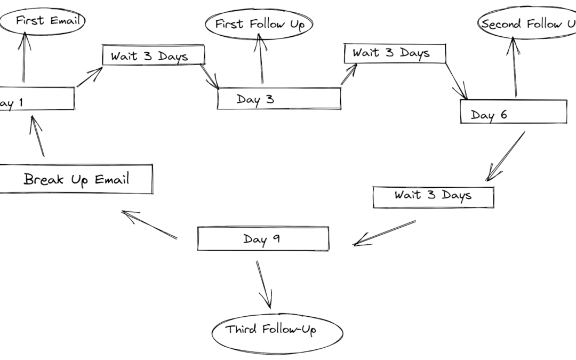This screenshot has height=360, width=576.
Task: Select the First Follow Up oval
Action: click(x=259, y=25)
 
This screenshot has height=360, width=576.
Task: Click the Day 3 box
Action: click(x=278, y=99)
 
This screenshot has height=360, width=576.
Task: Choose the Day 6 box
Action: click(x=513, y=112)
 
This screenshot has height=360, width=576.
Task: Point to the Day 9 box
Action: click(x=263, y=238)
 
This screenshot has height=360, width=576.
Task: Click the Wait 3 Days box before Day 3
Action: click(x=154, y=55)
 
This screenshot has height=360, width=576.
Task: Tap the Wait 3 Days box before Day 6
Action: click(x=395, y=53)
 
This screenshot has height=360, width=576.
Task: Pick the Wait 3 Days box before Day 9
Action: click(x=433, y=196)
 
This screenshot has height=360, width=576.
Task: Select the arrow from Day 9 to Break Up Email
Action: click(x=149, y=225)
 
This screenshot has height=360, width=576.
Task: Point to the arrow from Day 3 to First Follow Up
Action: click(x=261, y=59)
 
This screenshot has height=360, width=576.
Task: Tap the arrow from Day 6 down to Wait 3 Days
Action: click(x=506, y=156)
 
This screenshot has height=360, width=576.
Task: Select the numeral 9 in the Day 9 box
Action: click(x=276, y=239)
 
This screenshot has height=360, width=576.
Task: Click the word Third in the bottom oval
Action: click(x=243, y=329)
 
